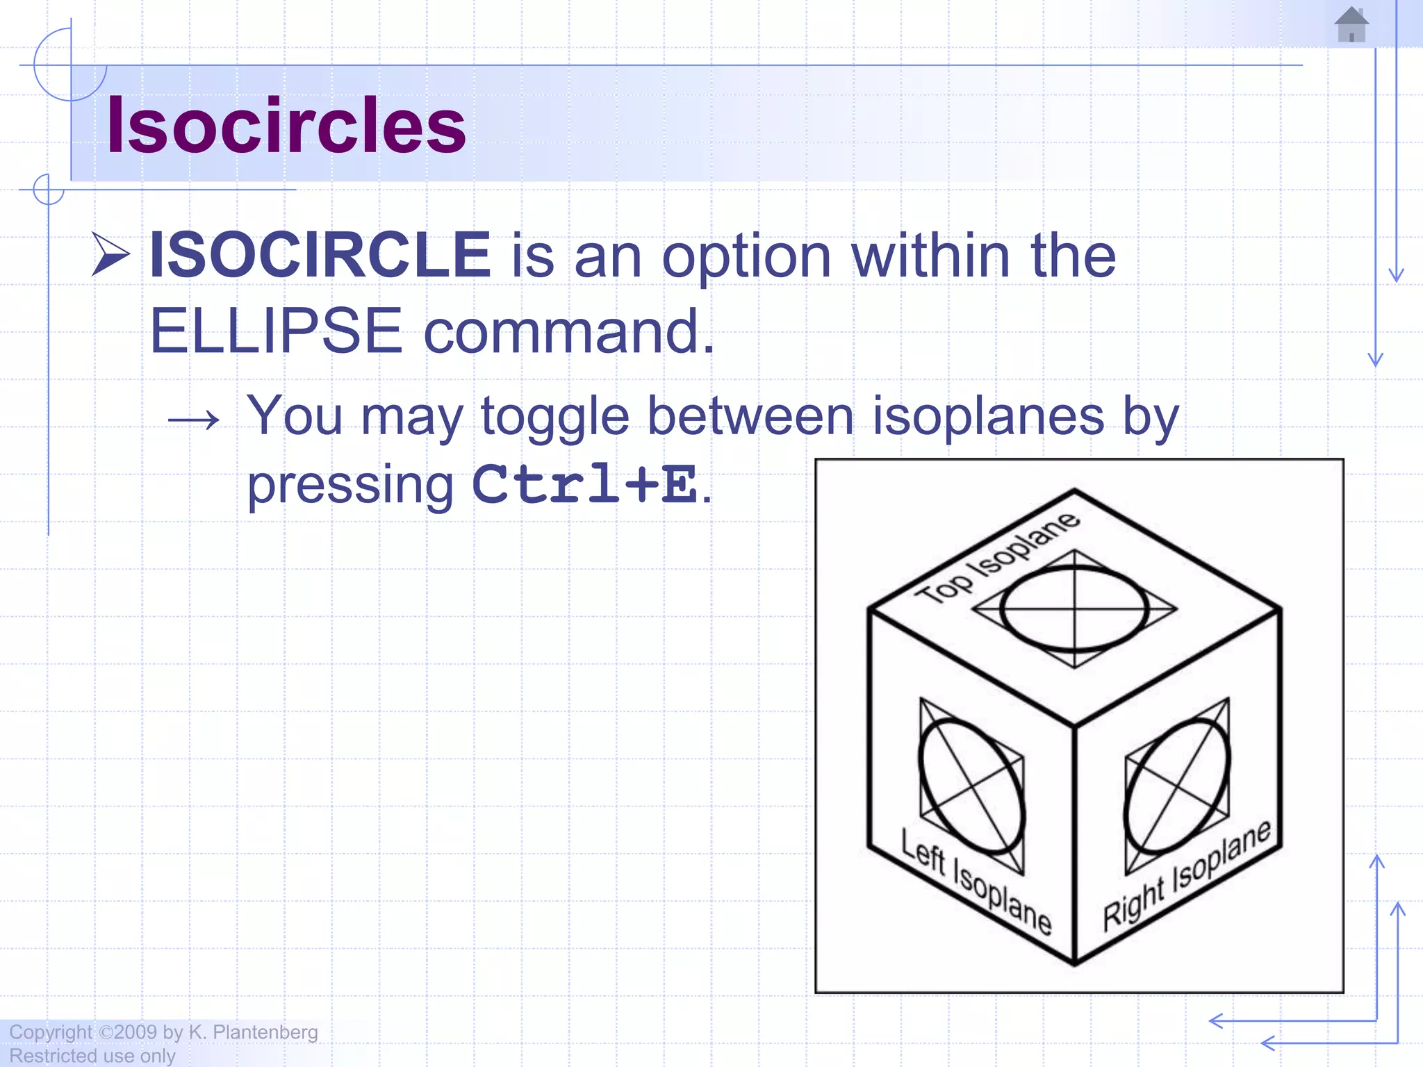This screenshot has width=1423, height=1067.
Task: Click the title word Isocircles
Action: [286, 126]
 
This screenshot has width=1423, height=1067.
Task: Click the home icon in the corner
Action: [1351, 25]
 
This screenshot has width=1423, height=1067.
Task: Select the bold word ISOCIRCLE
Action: [320, 255]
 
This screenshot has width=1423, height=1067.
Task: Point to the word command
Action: [568, 332]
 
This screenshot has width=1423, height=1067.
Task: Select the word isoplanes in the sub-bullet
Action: [988, 416]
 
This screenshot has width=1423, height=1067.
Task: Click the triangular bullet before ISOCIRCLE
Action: [110, 255]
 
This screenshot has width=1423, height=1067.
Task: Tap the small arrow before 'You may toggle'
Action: [194, 419]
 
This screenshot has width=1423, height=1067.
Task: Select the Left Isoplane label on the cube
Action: [976, 881]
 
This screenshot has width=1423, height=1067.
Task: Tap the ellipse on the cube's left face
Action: [971, 786]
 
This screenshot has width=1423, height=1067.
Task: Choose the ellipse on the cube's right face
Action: [1176, 786]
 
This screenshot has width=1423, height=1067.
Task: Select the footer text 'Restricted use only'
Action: [92, 1056]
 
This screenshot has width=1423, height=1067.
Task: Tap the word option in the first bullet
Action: [746, 258]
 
